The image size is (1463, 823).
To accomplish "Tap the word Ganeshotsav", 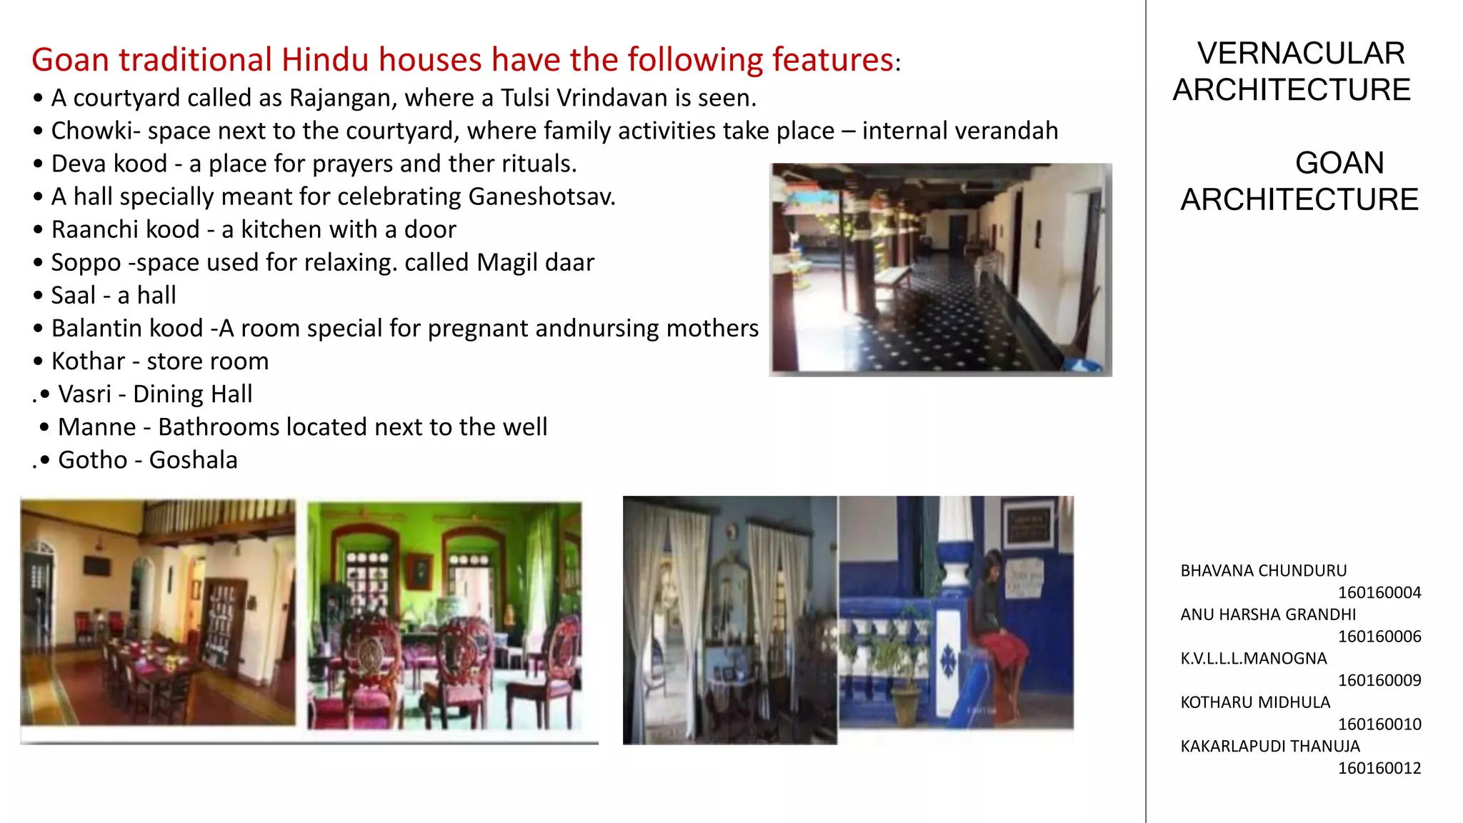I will (x=541, y=196).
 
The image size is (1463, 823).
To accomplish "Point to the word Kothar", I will (x=88, y=361).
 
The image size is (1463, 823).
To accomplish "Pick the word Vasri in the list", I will (x=84, y=394).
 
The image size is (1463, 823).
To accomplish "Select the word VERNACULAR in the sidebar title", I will (x=1301, y=54).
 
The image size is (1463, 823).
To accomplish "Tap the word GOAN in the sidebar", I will (x=1339, y=163).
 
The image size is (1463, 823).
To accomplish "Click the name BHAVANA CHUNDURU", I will (x=1263, y=571).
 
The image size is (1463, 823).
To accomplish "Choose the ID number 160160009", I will (x=1379, y=680).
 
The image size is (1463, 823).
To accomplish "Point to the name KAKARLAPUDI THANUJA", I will (x=1270, y=746).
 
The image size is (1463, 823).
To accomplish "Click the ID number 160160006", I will (x=1379, y=637).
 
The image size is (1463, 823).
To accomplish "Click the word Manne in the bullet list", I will (x=96, y=427).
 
